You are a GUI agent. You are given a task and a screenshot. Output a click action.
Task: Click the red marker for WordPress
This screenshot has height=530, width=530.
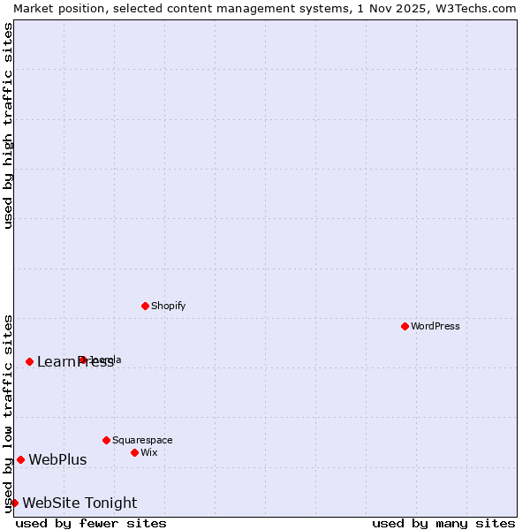pos(405,326)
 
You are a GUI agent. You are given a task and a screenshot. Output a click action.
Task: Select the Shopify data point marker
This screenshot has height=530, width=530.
pos(145,306)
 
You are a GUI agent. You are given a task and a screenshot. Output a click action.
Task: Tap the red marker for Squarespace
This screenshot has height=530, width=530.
pos(106,440)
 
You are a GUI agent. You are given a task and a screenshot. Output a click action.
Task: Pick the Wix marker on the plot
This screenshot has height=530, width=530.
pos(134,452)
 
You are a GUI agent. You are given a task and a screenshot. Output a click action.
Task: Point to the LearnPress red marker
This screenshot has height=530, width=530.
pos(29,361)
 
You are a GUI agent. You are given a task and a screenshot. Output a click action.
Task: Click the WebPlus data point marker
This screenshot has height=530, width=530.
pos(20,459)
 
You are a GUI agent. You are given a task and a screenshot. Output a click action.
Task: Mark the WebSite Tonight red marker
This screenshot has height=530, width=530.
pos(14,503)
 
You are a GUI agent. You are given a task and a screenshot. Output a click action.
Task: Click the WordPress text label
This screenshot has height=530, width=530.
pos(435,326)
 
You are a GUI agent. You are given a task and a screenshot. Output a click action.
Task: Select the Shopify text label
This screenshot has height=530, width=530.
pos(168,306)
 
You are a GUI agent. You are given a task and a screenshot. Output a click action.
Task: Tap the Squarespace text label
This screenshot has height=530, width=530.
pos(142,440)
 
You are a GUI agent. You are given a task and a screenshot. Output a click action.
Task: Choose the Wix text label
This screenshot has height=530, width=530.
pos(148,452)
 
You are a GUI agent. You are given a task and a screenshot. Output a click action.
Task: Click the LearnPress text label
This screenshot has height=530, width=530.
pos(75,361)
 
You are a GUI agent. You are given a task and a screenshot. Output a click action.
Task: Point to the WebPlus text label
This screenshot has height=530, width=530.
pos(57,459)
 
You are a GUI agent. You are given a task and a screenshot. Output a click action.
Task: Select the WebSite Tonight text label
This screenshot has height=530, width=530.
pos(79,503)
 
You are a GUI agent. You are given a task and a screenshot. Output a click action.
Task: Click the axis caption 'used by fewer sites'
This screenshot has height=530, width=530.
pos(91,523)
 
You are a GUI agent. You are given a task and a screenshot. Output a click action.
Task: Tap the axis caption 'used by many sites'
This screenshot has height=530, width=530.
pos(443,523)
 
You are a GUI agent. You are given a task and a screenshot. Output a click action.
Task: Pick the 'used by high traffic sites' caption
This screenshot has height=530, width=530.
pos(8,125)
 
